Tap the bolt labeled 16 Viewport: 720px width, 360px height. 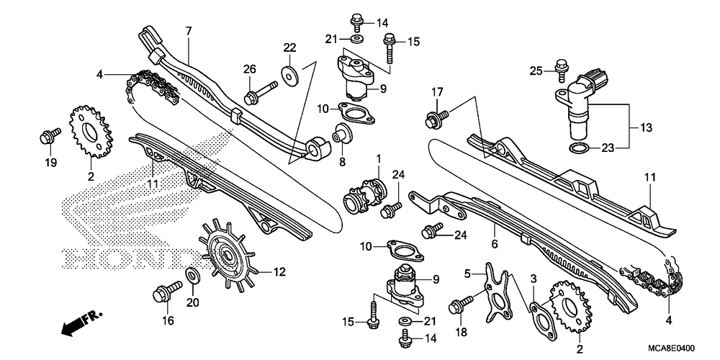[167, 291]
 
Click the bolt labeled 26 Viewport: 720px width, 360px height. [259, 93]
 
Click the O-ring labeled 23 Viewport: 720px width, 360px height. [579, 148]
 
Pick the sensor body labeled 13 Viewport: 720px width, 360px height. [579, 102]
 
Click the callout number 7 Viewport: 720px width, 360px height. [188, 31]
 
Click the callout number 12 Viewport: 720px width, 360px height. [279, 272]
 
